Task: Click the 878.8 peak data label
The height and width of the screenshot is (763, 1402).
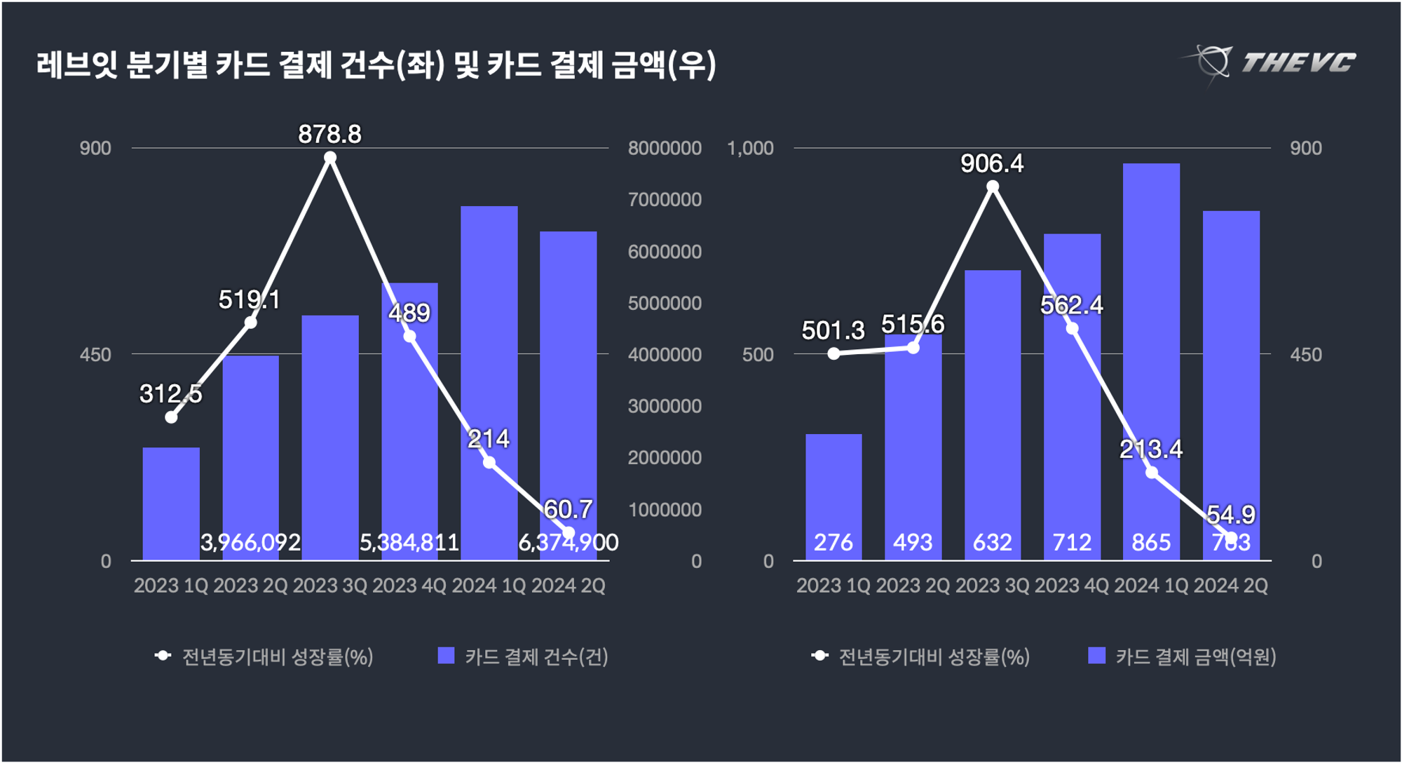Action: (x=329, y=134)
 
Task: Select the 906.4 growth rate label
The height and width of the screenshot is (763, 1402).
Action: (x=992, y=163)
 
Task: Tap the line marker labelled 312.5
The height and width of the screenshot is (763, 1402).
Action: (x=171, y=417)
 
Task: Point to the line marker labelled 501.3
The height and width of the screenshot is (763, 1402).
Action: (x=833, y=353)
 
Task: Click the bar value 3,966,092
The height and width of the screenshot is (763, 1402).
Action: (x=250, y=542)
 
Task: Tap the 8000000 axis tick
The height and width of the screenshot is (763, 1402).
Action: (x=665, y=148)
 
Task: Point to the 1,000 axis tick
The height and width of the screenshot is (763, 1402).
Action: (x=750, y=148)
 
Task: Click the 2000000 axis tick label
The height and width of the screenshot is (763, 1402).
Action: (x=665, y=458)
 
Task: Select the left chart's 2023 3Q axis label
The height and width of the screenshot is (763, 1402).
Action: (x=329, y=586)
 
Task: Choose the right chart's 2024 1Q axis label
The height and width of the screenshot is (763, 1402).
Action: (x=1151, y=586)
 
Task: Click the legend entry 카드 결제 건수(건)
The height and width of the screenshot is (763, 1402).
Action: (x=523, y=657)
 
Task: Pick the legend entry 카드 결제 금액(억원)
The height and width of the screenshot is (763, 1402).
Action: (x=1182, y=657)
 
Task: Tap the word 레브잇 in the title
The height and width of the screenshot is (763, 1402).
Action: (x=77, y=65)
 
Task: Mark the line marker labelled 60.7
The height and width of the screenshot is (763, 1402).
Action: (x=569, y=533)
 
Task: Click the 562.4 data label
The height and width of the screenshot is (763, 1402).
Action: (x=1071, y=305)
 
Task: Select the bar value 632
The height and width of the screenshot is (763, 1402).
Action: (x=992, y=542)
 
